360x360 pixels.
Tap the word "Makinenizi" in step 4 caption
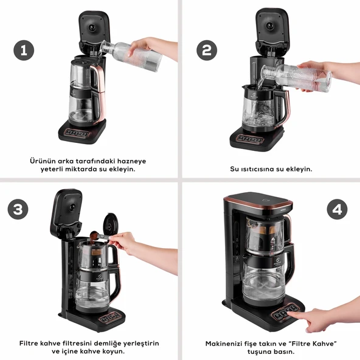pos(225,343)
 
